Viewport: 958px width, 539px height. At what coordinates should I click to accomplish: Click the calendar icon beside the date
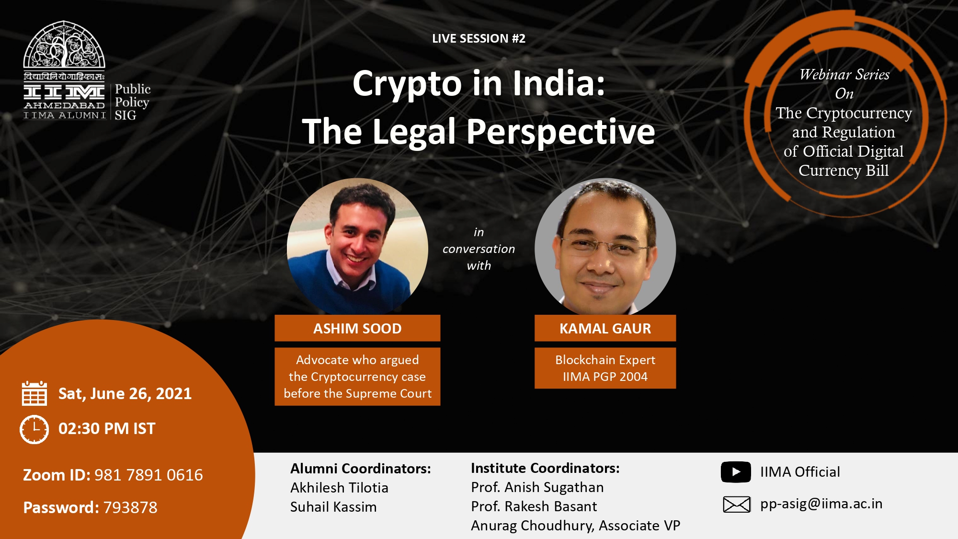click(34, 393)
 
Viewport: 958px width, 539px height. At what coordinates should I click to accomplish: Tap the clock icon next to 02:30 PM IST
click(34, 429)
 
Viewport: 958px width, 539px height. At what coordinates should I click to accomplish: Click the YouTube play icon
click(736, 472)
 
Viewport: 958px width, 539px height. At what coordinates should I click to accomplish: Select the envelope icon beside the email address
click(736, 505)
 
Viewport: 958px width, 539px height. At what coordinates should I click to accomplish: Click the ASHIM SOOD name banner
click(357, 328)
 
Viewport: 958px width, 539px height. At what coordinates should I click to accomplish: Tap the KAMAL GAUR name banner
click(605, 328)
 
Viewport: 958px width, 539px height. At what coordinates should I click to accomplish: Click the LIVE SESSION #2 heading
click(479, 38)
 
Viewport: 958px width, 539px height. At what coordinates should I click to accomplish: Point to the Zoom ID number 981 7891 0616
click(148, 475)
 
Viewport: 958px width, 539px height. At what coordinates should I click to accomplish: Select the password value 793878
click(130, 507)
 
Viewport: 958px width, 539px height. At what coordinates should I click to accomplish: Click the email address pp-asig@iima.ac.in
click(821, 504)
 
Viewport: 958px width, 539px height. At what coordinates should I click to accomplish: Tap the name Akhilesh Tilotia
click(339, 488)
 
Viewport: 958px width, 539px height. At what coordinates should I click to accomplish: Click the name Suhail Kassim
click(333, 507)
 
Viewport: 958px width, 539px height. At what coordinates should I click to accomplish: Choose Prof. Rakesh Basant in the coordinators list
click(534, 506)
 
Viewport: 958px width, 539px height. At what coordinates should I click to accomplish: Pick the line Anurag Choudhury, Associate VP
click(575, 526)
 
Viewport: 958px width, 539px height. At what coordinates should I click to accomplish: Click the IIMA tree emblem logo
click(64, 44)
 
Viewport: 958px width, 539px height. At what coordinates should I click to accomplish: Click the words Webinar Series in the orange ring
click(844, 75)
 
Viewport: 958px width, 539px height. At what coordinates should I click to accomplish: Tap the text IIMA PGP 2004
click(605, 377)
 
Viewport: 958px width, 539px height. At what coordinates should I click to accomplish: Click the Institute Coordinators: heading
click(545, 468)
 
